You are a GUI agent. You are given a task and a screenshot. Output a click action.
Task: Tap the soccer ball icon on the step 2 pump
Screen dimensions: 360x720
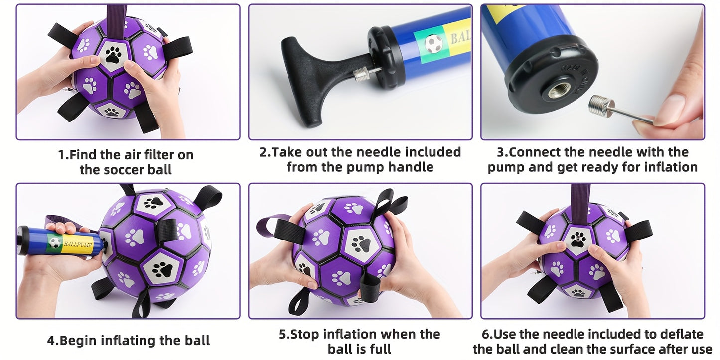tap(433, 44)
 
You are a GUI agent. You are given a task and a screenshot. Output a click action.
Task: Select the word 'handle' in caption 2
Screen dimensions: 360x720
tap(413, 167)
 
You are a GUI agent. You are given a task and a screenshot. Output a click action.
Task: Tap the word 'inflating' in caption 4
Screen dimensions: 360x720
tap(129, 341)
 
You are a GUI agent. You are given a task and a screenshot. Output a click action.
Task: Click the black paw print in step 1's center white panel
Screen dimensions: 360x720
tap(114, 55)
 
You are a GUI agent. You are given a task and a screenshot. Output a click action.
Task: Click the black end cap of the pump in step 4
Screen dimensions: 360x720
tap(23, 241)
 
